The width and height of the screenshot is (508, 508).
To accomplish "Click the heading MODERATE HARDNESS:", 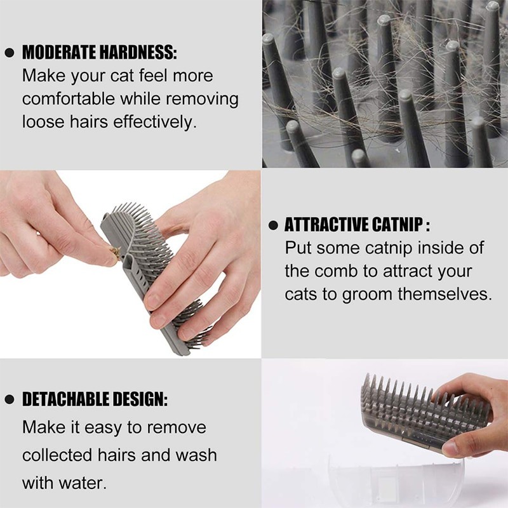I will pos(100,52).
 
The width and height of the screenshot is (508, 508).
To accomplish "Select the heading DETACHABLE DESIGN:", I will pos(95,399).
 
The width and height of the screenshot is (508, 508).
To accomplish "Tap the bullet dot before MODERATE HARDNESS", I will pos(10,53).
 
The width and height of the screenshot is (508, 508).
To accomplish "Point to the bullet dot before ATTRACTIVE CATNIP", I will pos(274,225).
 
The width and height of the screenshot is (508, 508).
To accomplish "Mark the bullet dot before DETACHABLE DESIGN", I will pos(10,400).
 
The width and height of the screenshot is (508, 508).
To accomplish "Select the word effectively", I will pos(155,122).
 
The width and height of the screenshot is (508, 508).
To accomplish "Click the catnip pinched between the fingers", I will pos(112,255).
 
